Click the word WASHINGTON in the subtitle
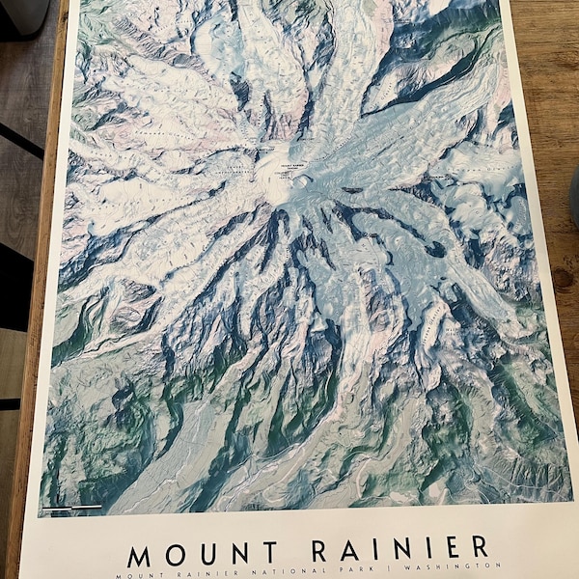[454, 567]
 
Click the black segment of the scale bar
[56, 507]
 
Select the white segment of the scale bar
[87, 506]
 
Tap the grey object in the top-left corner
[24, 12]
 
